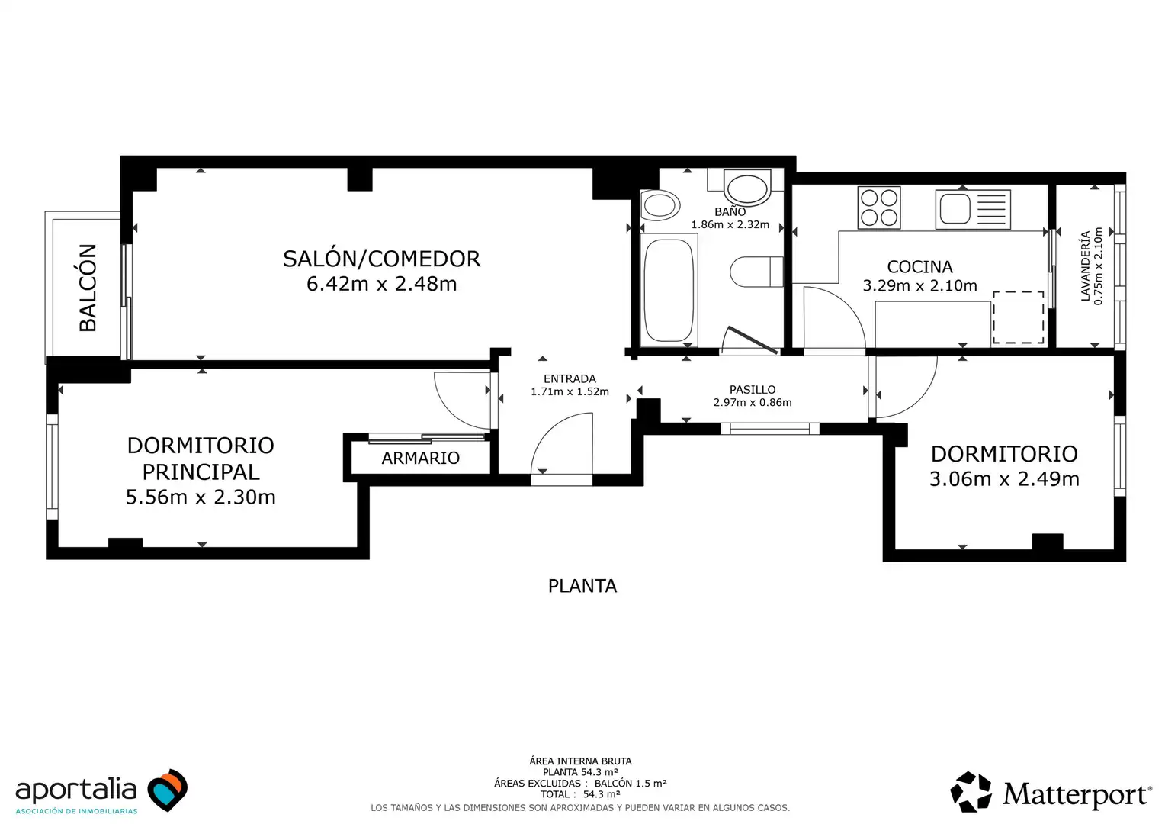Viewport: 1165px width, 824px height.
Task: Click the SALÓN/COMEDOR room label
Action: (x=381, y=259)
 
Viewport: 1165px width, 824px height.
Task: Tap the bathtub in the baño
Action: (x=669, y=290)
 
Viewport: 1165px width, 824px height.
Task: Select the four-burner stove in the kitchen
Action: (x=878, y=208)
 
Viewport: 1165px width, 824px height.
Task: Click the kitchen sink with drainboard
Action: (x=973, y=209)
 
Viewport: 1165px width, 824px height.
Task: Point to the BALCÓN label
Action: (x=88, y=288)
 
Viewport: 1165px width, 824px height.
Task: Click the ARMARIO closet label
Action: (x=420, y=458)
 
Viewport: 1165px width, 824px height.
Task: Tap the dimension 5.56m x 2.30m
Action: (x=201, y=497)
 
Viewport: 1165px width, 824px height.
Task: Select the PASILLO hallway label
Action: (x=752, y=389)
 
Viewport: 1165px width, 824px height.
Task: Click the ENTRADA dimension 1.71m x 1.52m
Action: (x=570, y=391)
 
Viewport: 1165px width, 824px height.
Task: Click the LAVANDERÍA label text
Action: (x=1085, y=266)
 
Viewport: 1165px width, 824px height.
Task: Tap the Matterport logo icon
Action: (x=971, y=792)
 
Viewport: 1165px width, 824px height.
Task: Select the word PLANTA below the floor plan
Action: (x=582, y=586)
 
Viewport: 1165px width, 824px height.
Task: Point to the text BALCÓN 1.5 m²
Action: (x=631, y=783)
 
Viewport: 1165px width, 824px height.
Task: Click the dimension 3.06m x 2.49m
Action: (x=1004, y=479)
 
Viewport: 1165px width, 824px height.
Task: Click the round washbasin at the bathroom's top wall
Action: (x=747, y=188)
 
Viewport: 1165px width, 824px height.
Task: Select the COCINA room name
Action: (x=919, y=266)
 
